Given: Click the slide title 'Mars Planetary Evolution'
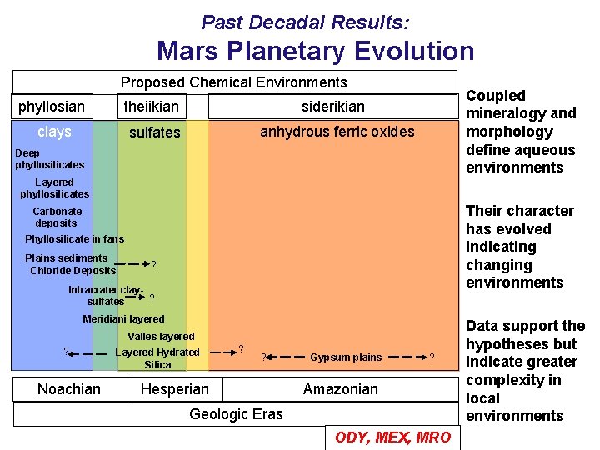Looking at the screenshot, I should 315,51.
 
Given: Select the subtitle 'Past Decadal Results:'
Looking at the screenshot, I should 305,21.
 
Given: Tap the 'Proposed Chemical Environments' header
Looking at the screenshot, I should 233,82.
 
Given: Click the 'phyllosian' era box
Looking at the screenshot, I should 52,107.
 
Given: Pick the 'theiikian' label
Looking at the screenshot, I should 151,107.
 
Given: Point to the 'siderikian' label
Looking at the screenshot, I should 332,107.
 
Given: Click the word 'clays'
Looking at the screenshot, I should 55,132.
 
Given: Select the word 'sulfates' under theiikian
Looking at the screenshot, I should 154,132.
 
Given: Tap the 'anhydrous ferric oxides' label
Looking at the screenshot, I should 337,132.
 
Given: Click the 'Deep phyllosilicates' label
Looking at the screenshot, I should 49,159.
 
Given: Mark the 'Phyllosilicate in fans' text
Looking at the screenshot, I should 74,239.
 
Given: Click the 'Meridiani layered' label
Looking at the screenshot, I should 123,319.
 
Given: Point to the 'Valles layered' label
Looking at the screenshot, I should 161,337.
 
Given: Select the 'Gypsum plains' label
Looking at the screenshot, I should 345,357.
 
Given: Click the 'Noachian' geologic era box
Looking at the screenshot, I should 69,389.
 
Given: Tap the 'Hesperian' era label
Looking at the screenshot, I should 175,389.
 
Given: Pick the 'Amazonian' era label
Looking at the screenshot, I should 340,389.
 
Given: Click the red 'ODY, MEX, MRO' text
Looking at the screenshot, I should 392,437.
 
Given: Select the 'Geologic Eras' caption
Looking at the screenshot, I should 236,414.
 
